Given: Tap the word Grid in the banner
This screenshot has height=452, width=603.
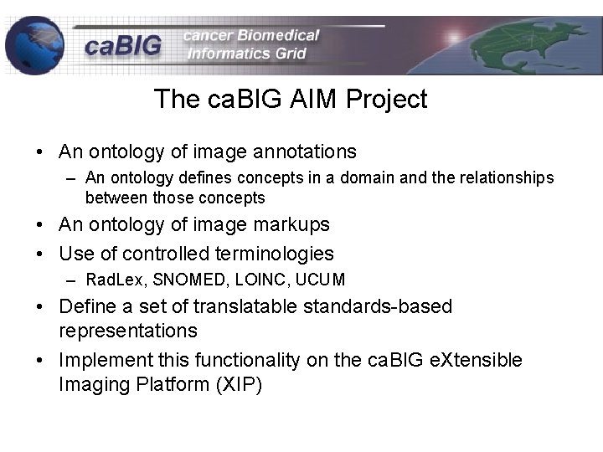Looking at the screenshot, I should [286, 54].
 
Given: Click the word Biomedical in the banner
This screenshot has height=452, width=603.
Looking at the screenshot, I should [278, 35].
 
